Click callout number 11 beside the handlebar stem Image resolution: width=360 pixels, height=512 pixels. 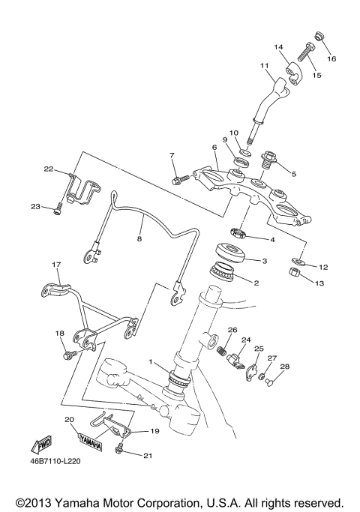(263, 67)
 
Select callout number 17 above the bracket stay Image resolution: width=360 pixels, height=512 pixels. (55, 265)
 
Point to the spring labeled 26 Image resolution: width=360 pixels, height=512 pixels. (222, 350)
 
